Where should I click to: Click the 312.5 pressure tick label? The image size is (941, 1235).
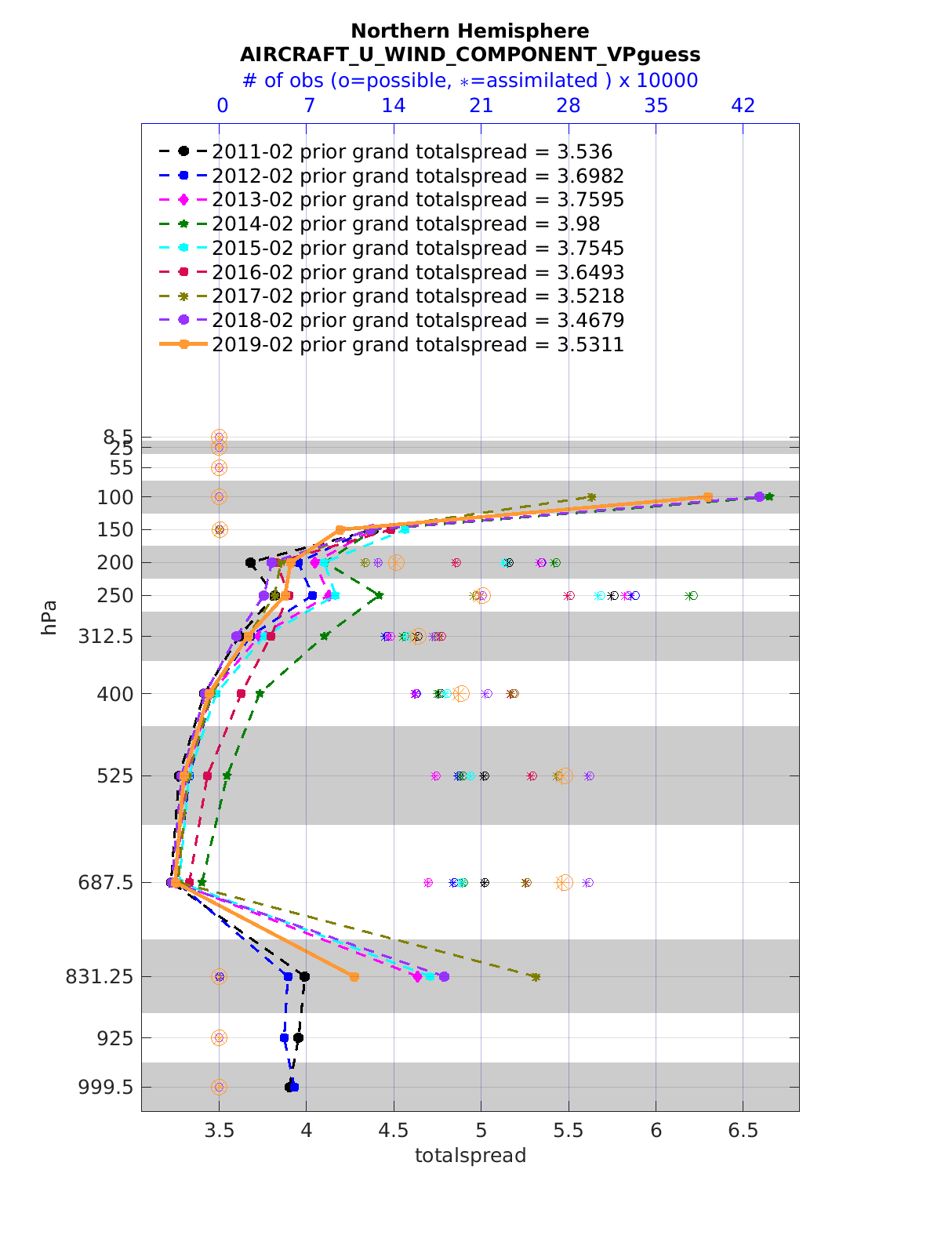(110, 637)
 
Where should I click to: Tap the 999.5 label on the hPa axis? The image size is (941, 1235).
(110, 1088)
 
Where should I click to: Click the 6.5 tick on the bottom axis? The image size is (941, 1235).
(743, 1130)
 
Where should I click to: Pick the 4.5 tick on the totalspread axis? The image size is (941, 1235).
(394, 1130)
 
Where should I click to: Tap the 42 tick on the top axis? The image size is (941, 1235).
(743, 106)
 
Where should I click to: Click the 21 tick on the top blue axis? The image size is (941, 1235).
(481, 106)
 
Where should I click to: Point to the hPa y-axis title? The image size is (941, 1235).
(49, 617)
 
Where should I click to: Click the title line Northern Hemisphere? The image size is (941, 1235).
(470, 31)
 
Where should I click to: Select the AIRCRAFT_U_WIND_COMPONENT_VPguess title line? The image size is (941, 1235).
(470, 55)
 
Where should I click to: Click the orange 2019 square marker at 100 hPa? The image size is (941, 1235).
(707, 497)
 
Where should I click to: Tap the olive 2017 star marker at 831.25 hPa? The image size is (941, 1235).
(536, 977)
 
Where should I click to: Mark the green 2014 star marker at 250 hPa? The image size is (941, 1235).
(380, 596)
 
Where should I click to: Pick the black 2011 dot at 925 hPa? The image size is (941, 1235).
(298, 1038)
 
